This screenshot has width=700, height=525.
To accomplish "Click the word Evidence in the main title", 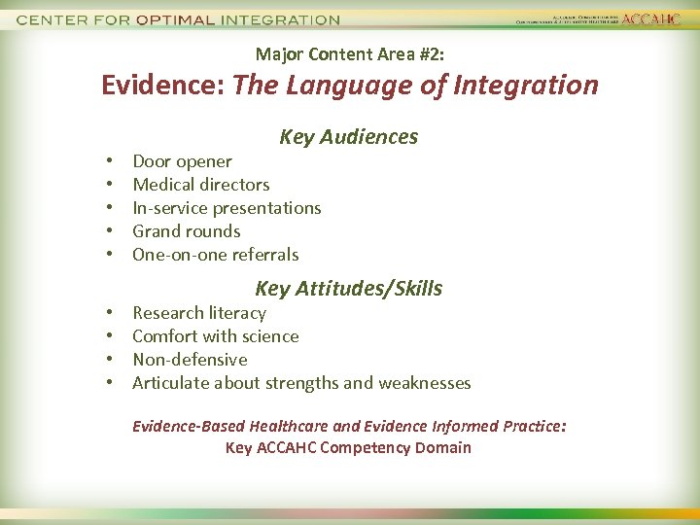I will pos(162,86).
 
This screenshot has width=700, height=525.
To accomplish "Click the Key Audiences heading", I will pos(348,137).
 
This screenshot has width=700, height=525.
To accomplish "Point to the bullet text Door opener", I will pos(182,161).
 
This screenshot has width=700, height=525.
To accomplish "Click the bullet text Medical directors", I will pos(200,185).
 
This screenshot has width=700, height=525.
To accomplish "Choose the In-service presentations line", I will pos(227,208).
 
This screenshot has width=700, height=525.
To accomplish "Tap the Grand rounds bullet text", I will pos(186,231).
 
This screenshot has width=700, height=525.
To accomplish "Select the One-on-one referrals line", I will pos(215,255).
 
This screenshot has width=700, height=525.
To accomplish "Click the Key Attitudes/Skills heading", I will pos(348,289).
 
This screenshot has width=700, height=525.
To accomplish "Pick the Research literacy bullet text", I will pos(198,313).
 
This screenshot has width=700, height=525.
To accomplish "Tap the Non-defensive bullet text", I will pos(190,360).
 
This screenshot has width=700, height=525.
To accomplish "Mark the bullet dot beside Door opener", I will pos(112,161).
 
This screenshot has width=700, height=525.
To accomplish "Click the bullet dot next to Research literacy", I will pos(112,313).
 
